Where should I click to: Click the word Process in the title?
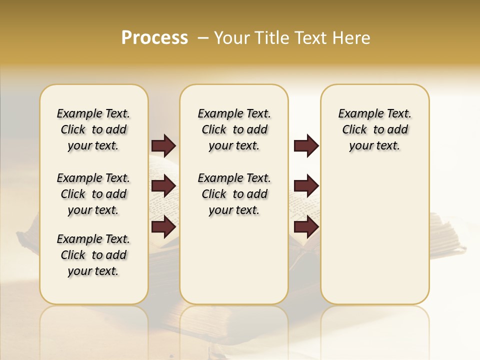pos(154,38)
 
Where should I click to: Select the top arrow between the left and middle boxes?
pos(163,145)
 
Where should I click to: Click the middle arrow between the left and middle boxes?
pos(163,186)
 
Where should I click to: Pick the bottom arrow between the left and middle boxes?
pos(163,226)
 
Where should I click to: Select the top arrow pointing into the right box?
pos(306,145)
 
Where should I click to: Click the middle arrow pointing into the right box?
pos(306,186)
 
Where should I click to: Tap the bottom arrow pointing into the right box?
pos(306,226)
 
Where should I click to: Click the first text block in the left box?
pos(93,129)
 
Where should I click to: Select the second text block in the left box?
pos(93,194)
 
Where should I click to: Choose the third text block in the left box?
pos(93,255)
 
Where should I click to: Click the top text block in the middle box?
pos(234,129)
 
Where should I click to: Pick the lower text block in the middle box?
pos(234,194)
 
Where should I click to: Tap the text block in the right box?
pos(374,129)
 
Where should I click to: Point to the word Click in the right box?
pos(354,129)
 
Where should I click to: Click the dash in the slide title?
pos(203,38)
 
